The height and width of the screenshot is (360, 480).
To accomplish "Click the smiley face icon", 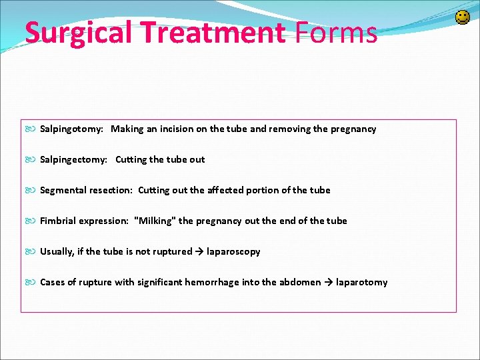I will point(462,17).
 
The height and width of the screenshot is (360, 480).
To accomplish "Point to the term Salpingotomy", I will point(71,129).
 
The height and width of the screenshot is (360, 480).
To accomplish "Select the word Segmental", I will point(63,190).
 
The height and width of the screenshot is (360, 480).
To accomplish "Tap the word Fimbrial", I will point(59,221).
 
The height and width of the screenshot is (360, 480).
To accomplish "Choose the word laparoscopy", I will point(233,251).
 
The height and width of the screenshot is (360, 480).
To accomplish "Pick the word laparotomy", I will point(361,282).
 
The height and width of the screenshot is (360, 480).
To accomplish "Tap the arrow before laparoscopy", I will point(199,251).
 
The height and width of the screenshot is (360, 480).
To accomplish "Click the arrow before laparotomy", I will point(329,282).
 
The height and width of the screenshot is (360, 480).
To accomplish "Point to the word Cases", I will point(53,282).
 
